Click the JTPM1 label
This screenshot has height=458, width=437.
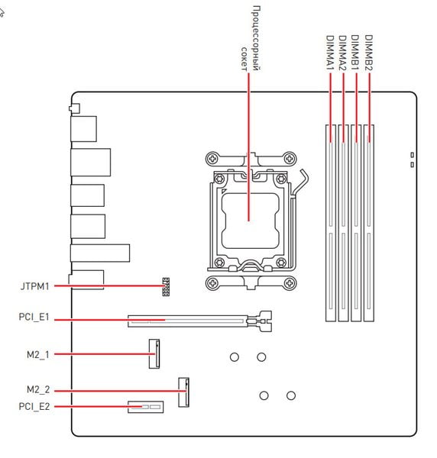click(35, 286)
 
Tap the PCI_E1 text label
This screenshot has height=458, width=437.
click(34, 318)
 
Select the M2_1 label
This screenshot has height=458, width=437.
click(38, 355)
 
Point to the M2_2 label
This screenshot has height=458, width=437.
click(38, 389)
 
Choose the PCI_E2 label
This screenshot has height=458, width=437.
click(34, 407)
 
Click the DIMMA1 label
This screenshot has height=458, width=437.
click(330, 53)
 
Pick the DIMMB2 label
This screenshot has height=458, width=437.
click(369, 53)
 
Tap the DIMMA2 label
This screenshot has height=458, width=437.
click(342, 53)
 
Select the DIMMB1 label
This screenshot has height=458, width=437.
click(355, 53)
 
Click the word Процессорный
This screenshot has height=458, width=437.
click(255, 38)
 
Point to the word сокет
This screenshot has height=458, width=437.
click(244, 59)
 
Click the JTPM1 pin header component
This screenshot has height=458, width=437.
click(166, 287)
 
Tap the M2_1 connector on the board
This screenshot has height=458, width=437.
click(154, 353)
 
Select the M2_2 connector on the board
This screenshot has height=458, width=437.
click(183, 392)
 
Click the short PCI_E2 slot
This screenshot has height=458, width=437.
click(146, 407)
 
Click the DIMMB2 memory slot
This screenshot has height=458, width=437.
click(369, 223)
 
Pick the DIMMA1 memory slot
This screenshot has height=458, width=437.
click(331, 223)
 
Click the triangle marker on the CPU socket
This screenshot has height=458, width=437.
click(224, 192)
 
